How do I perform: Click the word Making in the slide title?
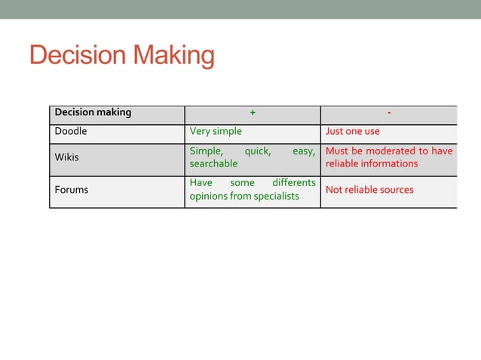pos(173,56)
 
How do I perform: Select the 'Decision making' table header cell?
pos(93,112)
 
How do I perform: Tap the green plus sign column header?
pos(253,113)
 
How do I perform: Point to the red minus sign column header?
pos(388,113)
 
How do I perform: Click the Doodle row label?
pos(71,131)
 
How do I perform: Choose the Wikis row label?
pos(66,157)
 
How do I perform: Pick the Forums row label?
pos(71,190)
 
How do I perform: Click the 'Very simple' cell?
pos(216,131)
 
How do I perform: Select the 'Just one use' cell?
pos(352,131)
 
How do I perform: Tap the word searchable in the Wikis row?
pos(213,163)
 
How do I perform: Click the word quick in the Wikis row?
pos(257,151)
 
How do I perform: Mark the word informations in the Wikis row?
pos(388,163)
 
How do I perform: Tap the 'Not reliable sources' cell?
pos(369,190)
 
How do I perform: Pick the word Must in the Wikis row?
pos(337,151)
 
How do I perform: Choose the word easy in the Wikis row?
pos(303,151)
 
